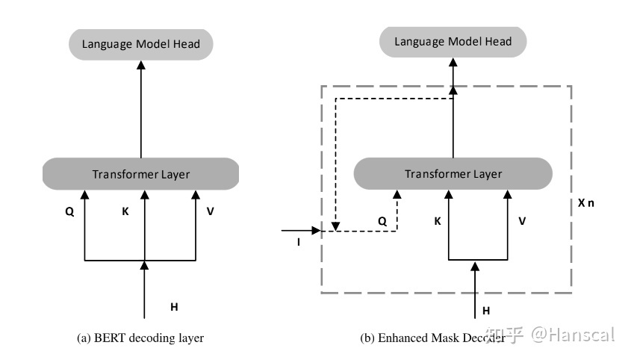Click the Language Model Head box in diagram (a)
click(x=141, y=45)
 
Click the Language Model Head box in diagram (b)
click(x=453, y=42)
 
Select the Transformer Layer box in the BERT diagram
click(x=141, y=175)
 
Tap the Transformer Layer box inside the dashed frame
click(x=453, y=174)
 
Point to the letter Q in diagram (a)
click(x=69, y=211)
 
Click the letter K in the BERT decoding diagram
click(x=125, y=211)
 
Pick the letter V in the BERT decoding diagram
click(x=211, y=211)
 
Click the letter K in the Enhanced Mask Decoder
click(x=437, y=221)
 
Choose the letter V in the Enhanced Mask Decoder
click(x=522, y=221)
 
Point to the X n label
click(x=587, y=203)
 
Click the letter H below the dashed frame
click(x=485, y=310)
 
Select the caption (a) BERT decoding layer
click(x=140, y=338)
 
